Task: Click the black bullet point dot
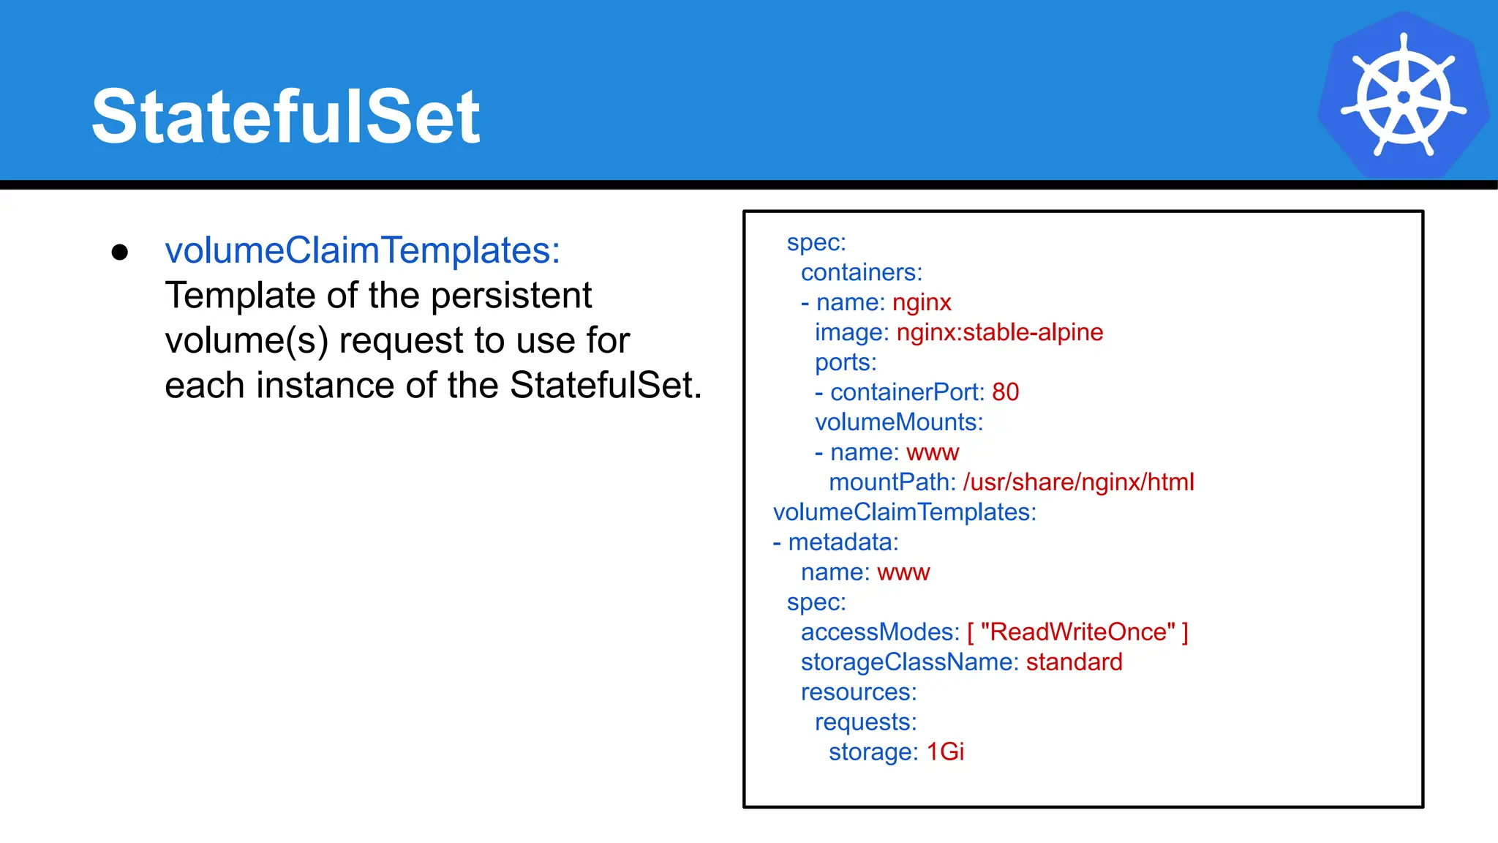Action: click(120, 252)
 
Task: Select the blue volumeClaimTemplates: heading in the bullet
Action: click(362, 251)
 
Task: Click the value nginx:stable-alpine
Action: click(999, 332)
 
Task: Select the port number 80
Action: click(1005, 392)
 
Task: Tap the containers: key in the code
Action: click(861, 272)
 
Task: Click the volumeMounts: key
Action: click(898, 422)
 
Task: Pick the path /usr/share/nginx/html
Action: click(1078, 482)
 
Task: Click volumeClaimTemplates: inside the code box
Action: click(904, 512)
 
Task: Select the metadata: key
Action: click(843, 542)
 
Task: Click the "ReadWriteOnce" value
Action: click(1077, 632)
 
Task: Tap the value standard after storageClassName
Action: click(1074, 662)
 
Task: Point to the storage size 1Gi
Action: click(945, 752)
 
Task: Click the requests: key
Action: click(865, 722)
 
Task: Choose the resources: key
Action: click(858, 692)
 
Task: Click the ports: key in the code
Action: click(845, 362)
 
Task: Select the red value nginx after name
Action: click(922, 302)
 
